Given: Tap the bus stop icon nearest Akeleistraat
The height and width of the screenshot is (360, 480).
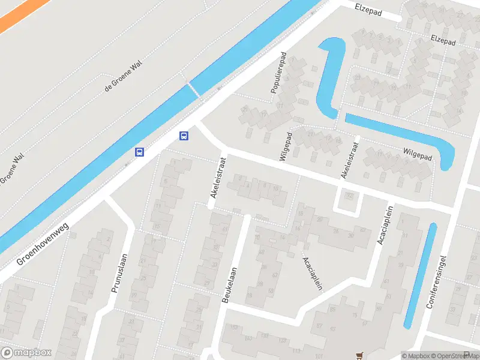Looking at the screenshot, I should coord(184,136).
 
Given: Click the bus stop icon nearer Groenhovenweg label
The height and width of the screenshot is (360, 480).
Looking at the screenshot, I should coord(139,152).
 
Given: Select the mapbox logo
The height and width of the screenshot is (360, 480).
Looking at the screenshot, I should coord(26,352).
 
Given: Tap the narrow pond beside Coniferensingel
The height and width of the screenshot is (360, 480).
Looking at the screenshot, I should coord(419,275).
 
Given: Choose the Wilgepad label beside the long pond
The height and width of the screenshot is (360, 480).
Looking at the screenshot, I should coord(417,155).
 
